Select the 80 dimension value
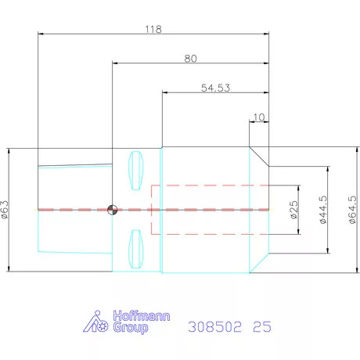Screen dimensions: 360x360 coord(190,59)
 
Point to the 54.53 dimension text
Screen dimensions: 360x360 coord(214,88)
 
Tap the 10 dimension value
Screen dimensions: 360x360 coord(258,118)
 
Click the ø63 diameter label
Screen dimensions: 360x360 coord(5,210)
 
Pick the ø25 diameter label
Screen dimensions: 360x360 coord(295,211)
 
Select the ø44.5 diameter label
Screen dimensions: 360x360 coord(324,210)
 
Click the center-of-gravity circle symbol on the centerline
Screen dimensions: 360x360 coord(112,209)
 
